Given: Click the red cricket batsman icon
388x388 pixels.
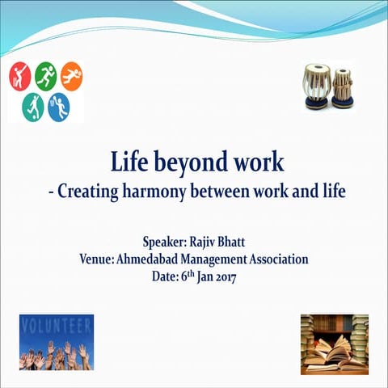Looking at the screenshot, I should (x=19, y=77).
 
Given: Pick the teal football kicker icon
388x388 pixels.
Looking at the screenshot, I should (x=32, y=107).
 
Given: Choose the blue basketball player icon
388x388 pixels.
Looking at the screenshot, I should (x=59, y=107).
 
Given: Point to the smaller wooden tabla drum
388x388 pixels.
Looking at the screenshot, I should (x=343, y=87).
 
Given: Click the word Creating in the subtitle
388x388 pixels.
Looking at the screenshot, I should (x=87, y=192).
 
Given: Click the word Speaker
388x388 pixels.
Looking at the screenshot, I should (x=167, y=242).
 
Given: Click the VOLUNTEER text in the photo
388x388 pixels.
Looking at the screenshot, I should (x=56, y=328).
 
